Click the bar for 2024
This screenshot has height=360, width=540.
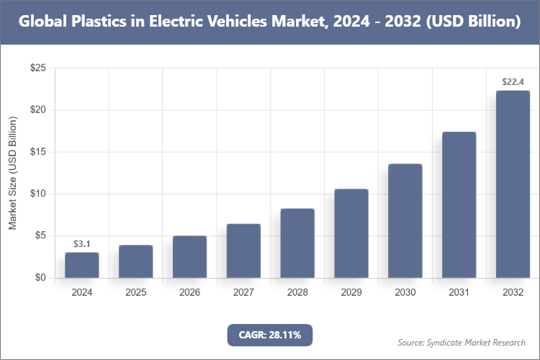81,265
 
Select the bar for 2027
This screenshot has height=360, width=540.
243,251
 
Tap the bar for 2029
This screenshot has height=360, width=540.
351,233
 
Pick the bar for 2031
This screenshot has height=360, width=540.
459,204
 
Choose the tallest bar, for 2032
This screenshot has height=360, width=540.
513,184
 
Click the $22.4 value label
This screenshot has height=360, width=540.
513,81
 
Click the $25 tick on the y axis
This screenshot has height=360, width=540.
37,68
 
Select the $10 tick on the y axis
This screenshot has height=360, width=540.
37,194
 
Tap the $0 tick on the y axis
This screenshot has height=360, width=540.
40,278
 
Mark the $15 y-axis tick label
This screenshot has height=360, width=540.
37,152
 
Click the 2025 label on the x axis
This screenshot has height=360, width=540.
135,293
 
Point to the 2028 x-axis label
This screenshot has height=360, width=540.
297,293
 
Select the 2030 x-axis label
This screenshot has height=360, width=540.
405,293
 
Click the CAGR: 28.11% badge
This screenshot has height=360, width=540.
270,334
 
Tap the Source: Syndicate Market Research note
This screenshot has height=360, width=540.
462,342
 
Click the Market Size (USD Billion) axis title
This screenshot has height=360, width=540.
12,173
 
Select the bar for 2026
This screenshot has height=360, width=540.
189,256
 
